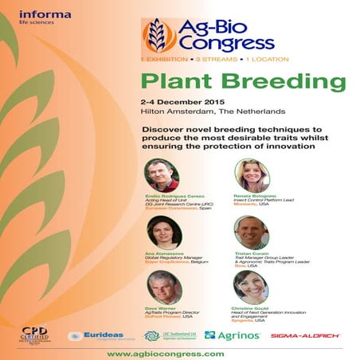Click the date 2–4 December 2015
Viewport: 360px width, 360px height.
(180, 104)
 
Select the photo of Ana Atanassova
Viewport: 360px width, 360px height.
(162, 232)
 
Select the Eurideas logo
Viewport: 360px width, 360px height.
(96, 335)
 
